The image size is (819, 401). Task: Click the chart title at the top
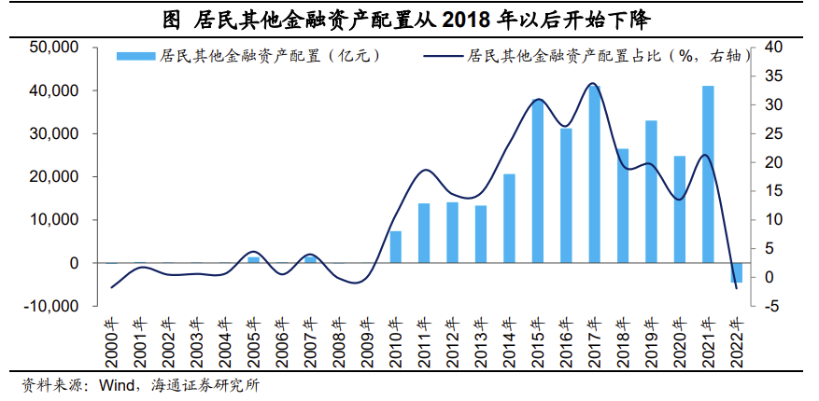pos(408,18)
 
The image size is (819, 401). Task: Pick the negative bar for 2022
pos(736,272)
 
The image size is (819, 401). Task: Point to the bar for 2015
pos(538,181)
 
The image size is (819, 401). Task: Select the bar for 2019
pos(651,192)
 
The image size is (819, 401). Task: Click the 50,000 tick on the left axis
pos(53,48)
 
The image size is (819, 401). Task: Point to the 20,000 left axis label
pos(53,177)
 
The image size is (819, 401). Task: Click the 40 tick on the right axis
pos(772,48)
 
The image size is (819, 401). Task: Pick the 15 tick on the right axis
pos(772,191)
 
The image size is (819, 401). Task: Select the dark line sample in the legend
pos(443,58)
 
